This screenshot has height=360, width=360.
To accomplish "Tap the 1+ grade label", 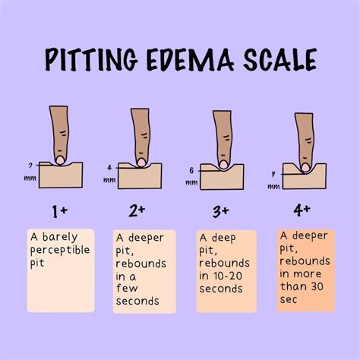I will pyautogui.click(x=60, y=210).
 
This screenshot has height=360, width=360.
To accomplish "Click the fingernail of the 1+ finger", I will pyautogui.click(x=59, y=159).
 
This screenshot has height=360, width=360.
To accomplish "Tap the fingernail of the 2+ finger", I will pyautogui.click(x=141, y=161).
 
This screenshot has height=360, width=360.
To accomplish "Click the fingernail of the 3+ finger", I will pyautogui.click(x=223, y=163).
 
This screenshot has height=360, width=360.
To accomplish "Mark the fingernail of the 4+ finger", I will pyautogui.click(x=305, y=166).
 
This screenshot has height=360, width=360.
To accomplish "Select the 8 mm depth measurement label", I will pyautogui.click(x=273, y=174).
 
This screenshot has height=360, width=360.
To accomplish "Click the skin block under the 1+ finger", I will pyautogui.click(x=60, y=176).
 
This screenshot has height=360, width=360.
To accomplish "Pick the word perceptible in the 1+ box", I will pyautogui.click(x=60, y=249).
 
